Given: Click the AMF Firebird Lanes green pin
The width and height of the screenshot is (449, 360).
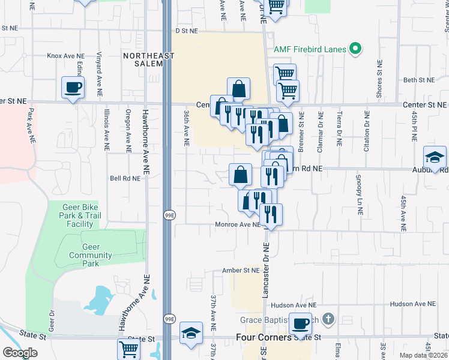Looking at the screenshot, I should click(356, 49).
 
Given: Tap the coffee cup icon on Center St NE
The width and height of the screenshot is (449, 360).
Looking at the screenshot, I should click(73, 88).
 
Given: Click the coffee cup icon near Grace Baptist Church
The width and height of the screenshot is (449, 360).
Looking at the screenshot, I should click(301, 324).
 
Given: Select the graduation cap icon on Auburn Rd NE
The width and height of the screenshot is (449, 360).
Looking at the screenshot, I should click(435, 157).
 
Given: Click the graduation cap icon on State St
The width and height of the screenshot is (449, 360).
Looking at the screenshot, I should click(191, 333).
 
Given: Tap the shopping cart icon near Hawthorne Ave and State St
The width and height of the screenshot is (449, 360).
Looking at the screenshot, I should click(129, 348).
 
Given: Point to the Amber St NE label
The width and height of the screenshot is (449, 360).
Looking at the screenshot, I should click(240, 271).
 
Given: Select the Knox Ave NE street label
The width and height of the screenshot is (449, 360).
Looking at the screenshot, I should click(67, 55).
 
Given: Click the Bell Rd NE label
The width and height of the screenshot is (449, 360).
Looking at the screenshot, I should click(124, 178).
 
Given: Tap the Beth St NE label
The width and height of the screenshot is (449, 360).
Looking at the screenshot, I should click(418, 80).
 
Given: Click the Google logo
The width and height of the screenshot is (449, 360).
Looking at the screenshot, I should click(20, 353).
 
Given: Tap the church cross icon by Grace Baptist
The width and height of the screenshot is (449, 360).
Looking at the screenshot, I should click(328, 319).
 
